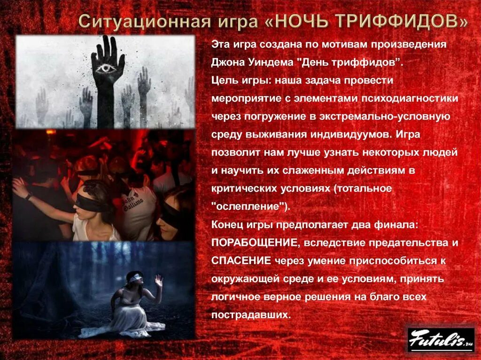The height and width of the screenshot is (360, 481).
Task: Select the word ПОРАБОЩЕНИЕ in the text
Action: tap(255, 243)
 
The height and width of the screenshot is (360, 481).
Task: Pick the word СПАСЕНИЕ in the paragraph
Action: tap(241, 260)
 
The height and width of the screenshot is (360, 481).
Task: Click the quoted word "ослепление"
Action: tap(248, 206)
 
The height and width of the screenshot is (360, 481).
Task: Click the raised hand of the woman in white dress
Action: tap(159, 281)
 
